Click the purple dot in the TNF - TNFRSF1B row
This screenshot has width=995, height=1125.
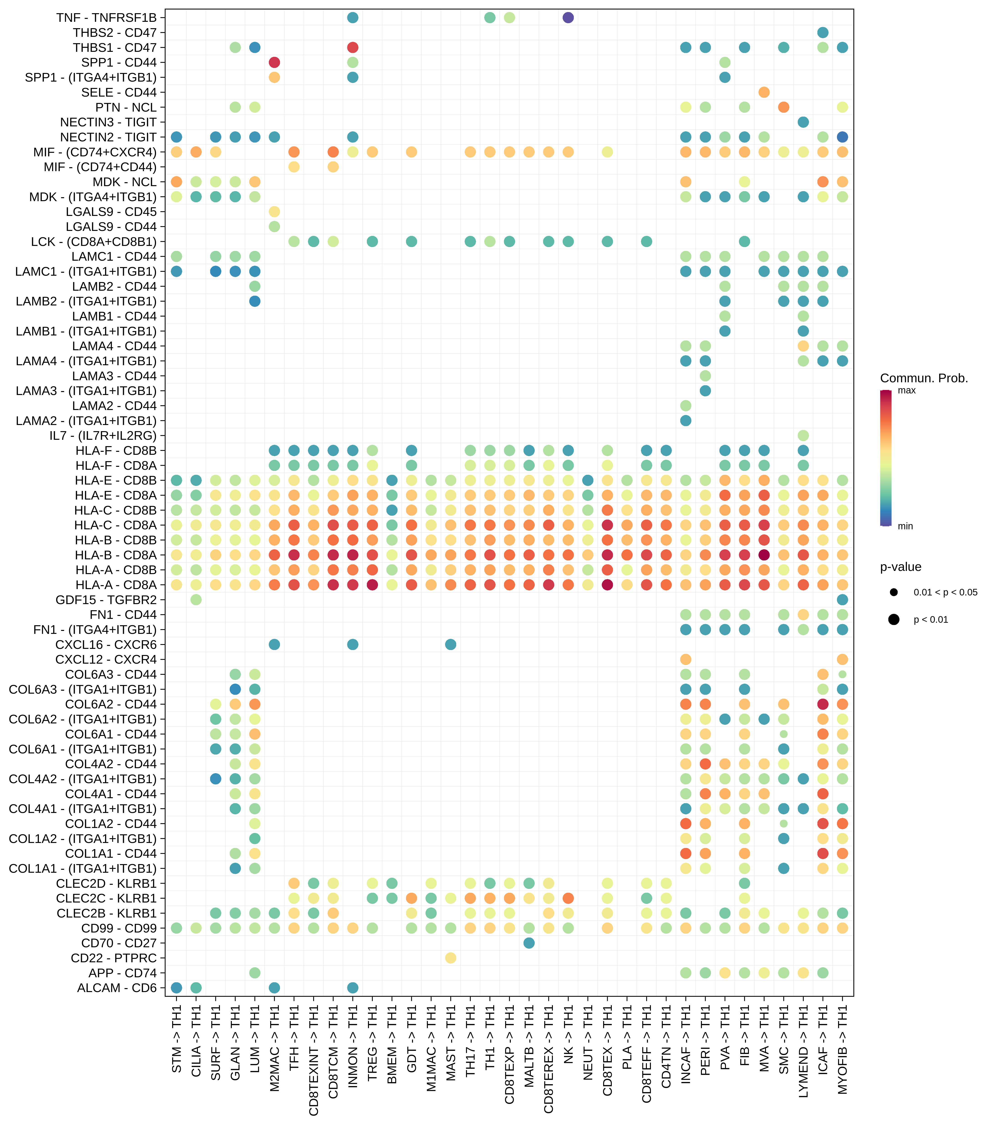coord(568,17)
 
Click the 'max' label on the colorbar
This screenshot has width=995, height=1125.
coord(906,390)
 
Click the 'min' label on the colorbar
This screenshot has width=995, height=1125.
coord(905,526)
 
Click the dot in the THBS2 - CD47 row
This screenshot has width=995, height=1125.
coord(823,32)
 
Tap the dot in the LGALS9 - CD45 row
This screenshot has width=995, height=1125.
coord(274,212)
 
